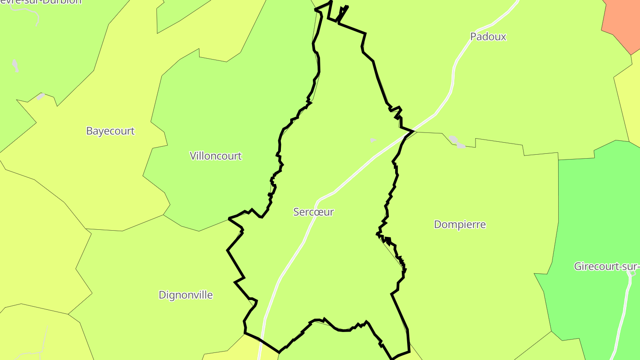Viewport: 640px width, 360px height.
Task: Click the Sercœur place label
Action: tap(313, 212)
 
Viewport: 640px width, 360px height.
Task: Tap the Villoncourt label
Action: tap(216, 156)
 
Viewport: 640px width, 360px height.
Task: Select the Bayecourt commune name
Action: tap(110, 131)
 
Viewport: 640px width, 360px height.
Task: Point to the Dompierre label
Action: tap(460, 224)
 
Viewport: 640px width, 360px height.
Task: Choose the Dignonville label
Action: tap(185, 295)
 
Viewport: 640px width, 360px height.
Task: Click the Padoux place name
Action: tap(488, 37)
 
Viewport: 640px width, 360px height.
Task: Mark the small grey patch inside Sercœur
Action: tap(373, 140)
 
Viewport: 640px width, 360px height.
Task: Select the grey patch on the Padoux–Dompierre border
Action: tap(456, 142)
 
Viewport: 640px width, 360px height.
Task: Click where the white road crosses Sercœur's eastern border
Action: tap(412, 131)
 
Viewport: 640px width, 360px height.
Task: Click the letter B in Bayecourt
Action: tap(89, 131)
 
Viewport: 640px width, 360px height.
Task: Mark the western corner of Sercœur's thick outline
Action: tap(229, 218)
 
